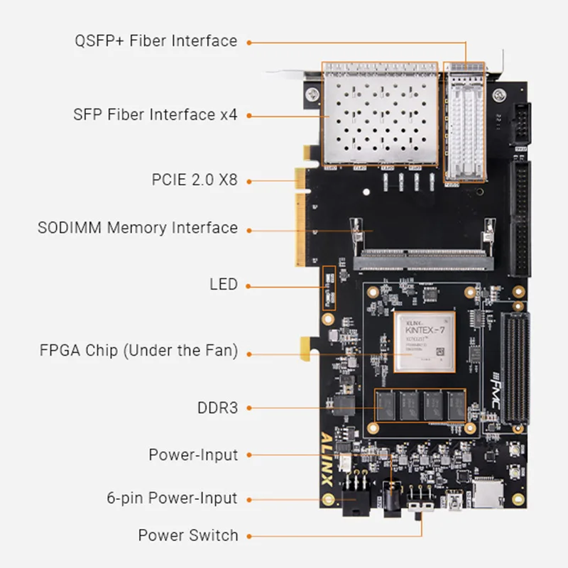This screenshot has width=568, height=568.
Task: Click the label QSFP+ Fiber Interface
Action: [x=155, y=40]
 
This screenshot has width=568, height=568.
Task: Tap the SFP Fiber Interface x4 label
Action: [x=155, y=114]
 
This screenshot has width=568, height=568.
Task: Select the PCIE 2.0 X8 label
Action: [x=194, y=180]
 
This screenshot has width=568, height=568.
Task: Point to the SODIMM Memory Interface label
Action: [x=137, y=228]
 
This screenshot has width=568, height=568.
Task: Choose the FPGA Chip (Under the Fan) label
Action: [x=138, y=350]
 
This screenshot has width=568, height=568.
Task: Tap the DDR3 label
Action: [x=217, y=408]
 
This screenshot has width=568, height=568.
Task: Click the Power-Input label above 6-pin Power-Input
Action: [x=193, y=454]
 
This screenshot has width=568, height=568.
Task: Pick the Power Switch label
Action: [x=187, y=535]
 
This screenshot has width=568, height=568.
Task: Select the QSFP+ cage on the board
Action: [x=464, y=124]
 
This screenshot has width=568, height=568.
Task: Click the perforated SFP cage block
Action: [x=381, y=116]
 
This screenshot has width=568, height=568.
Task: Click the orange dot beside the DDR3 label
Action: [x=249, y=408]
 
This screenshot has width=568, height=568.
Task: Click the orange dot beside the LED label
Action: [x=249, y=285]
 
